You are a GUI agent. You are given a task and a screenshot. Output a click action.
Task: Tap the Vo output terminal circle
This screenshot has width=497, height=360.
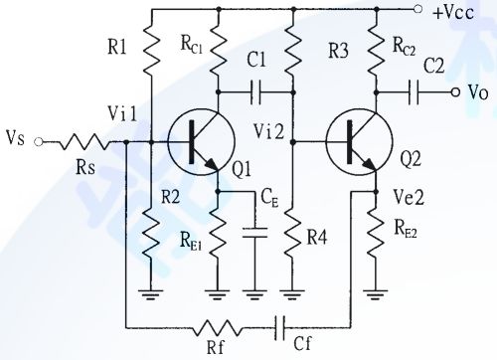click(x=455, y=92)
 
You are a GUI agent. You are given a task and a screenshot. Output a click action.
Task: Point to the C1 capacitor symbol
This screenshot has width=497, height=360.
click(x=256, y=92)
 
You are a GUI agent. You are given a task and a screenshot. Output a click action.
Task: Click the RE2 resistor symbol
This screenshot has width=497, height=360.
click(x=377, y=234)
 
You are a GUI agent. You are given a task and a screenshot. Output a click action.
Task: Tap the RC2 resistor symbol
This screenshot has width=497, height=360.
click(x=377, y=50)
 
